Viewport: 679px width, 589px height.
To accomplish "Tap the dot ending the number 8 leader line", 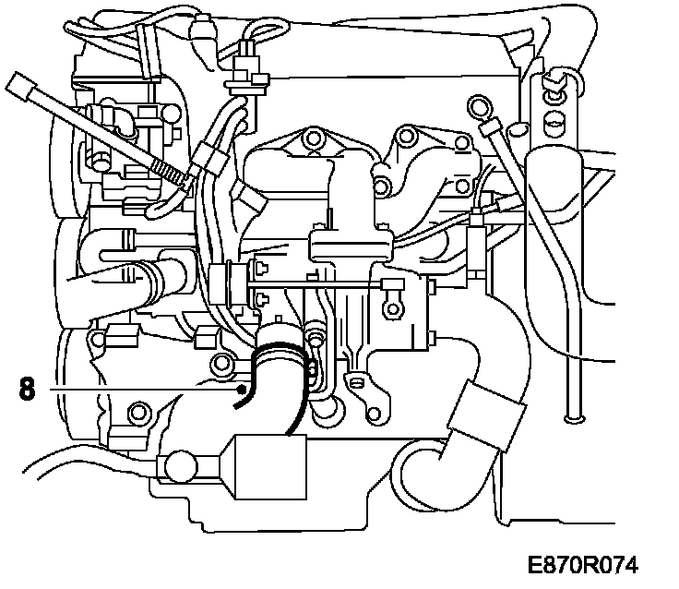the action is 243,391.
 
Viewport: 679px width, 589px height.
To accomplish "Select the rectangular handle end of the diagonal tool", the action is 20,90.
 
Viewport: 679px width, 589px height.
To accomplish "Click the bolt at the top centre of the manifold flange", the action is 314,139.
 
